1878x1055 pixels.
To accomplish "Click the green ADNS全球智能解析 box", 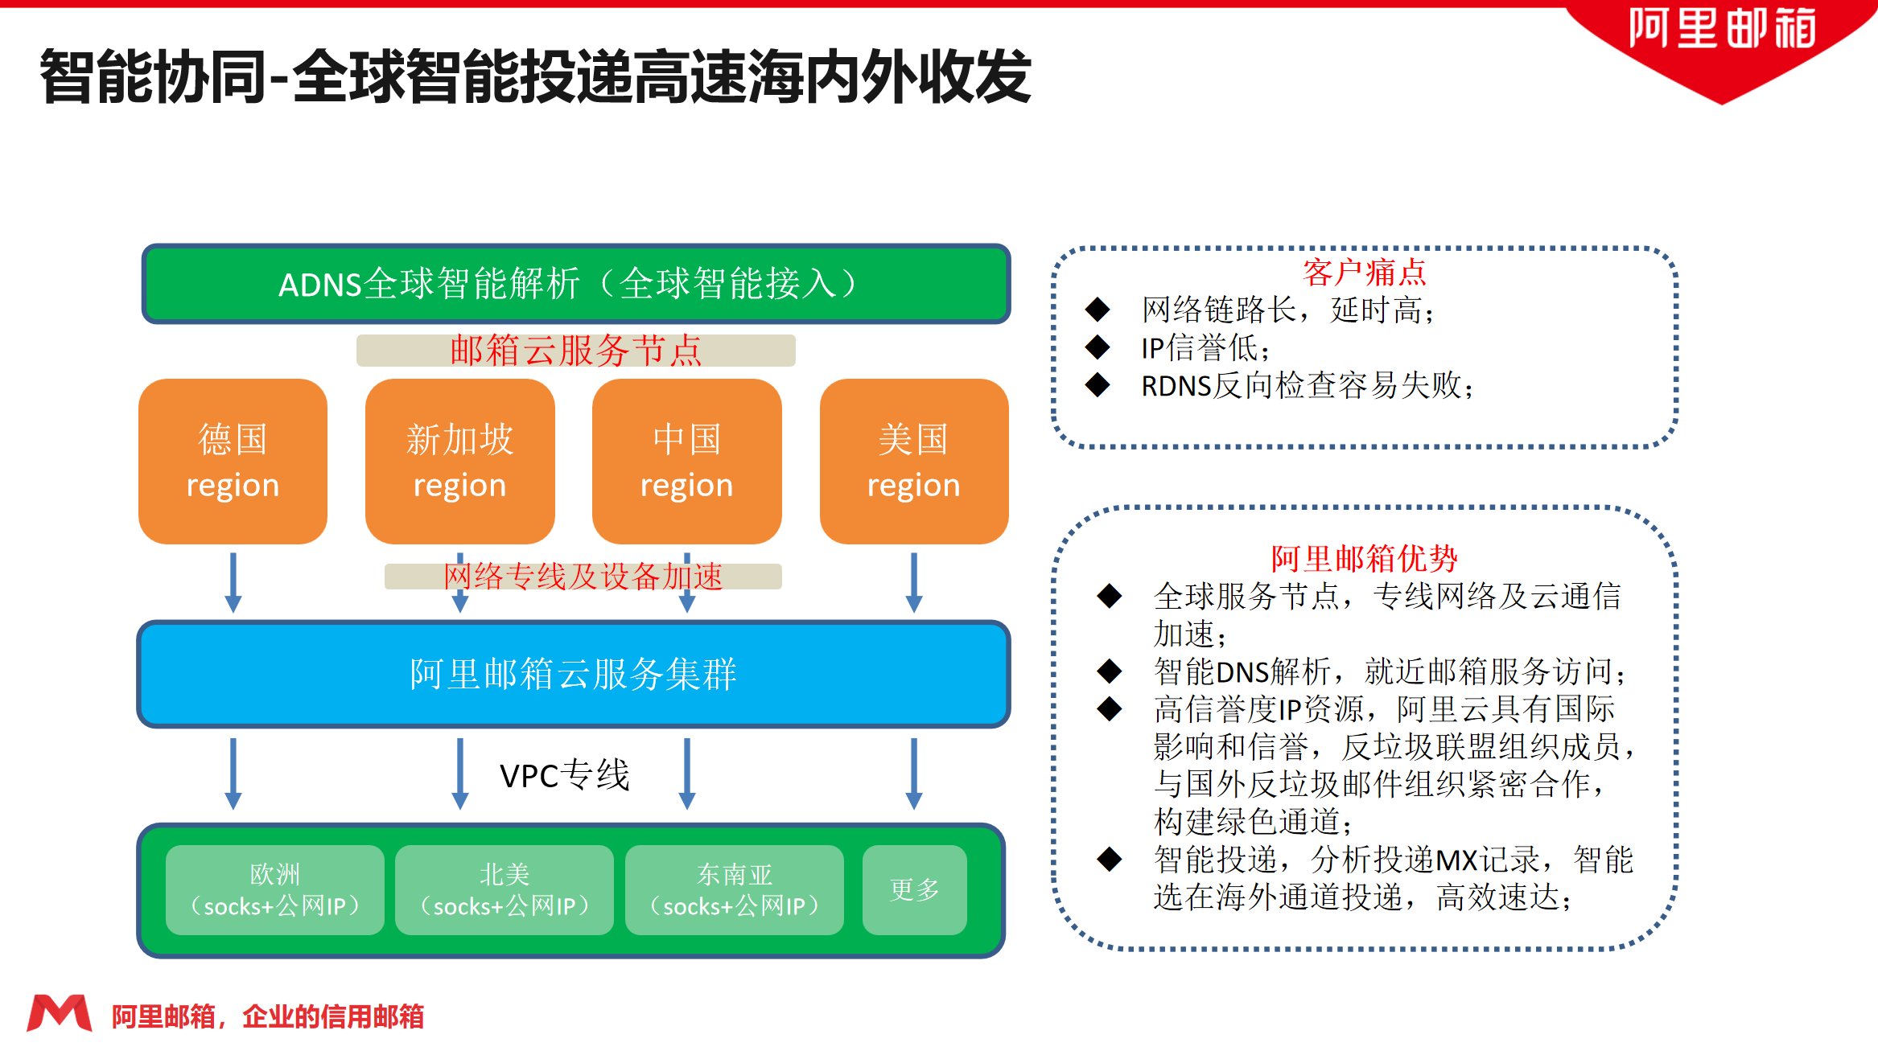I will pyautogui.click(x=576, y=284).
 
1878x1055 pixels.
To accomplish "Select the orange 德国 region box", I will pyautogui.click(x=233, y=462).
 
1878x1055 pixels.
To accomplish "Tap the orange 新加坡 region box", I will pyautogui.click(x=459, y=462).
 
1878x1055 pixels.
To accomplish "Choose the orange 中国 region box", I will pyautogui.click(x=686, y=462).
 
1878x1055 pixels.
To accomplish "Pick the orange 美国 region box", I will pyautogui.click(x=913, y=462).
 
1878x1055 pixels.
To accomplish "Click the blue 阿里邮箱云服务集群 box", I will pyautogui.click(x=573, y=674).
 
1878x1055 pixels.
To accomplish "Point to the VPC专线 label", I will pyautogui.click(x=564, y=775).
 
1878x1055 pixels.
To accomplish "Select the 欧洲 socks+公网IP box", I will pyautogui.click(x=274, y=889).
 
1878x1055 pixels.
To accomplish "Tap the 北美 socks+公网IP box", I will pyautogui.click(x=505, y=889).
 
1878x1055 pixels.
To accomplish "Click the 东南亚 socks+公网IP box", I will pyautogui.click(x=734, y=889).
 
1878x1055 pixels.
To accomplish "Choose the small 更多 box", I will pyautogui.click(x=914, y=889).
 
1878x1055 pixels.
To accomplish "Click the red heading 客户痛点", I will pyautogui.click(x=1364, y=273).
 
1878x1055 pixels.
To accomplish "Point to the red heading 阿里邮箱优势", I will pyautogui.click(x=1364, y=557).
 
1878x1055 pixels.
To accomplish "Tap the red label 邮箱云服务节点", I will pyautogui.click(x=576, y=351).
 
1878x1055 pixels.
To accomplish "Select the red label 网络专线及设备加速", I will pyautogui.click(x=583, y=577).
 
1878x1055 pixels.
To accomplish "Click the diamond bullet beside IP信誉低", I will pyautogui.click(x=1098, y=347).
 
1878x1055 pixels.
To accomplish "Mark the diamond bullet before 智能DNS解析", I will pyautogui.click(x=1110, y=671).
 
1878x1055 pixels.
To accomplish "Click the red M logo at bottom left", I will pyautogui.click(x=59, y=1013).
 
